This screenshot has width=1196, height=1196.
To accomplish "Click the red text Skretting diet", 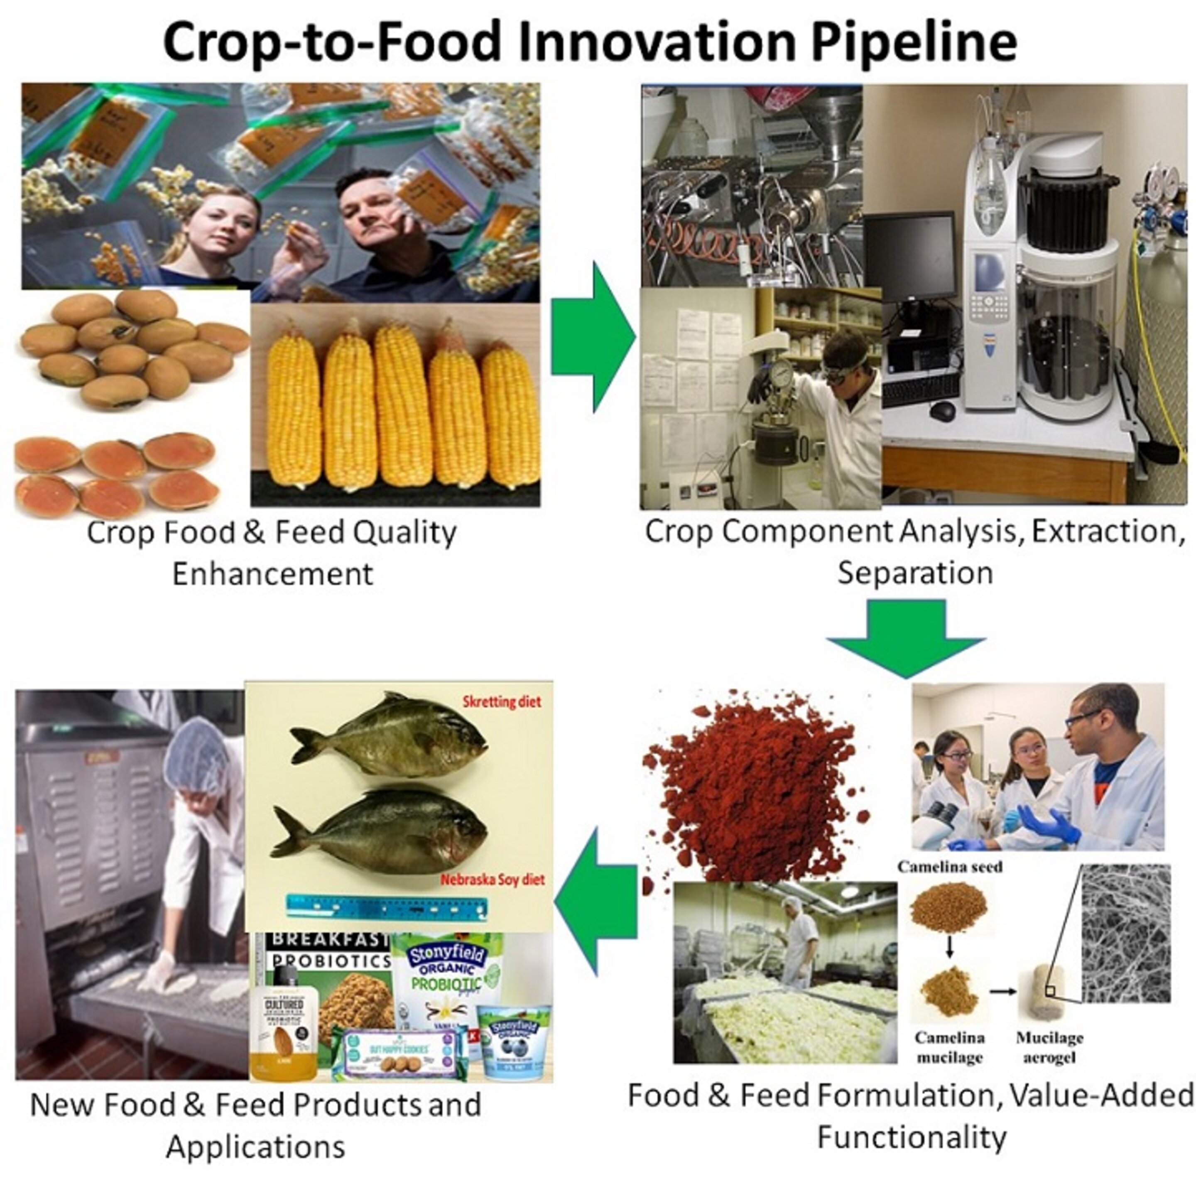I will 501,701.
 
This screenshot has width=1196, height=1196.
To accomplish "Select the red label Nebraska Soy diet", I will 493,880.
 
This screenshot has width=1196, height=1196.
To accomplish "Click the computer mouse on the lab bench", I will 942,409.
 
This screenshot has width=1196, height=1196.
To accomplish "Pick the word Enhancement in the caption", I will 272,574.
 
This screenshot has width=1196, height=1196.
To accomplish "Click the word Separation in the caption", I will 915,573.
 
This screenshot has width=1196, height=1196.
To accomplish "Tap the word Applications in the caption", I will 255,1147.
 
